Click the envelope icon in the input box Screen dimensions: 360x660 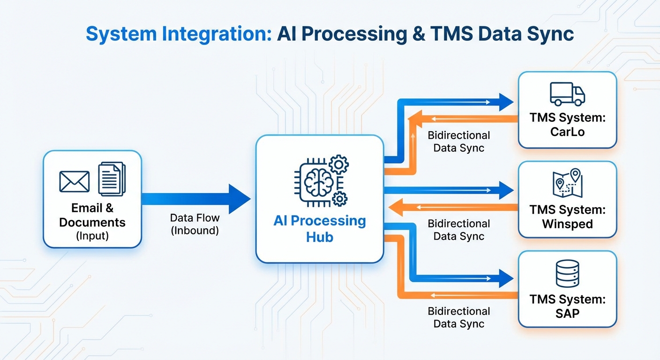pyautogui.click(x=75, y=181)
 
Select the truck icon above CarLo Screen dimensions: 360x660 pyautogui.click(x=567, y=94)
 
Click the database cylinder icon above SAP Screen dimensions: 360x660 pyautogui.click(x=567, y=273)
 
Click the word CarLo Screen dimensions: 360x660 pyautogui.click(x=567, y=132)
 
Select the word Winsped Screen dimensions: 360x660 pyautogui.click(x=567, y=224)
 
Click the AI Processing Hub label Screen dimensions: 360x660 pyautogui.click(x=320, y=228)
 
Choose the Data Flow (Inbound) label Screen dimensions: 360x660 pyautogui.click(x=195, y=224)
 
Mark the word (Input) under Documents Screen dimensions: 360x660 pyautogui.click(x=92, y=236)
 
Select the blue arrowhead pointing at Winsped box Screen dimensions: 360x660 pyautogui.click(x=506, y=190)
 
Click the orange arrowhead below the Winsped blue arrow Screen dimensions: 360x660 pyautogui.click(x=396, y=207)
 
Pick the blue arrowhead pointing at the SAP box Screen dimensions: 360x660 pyautogui.click(x=506, y=278)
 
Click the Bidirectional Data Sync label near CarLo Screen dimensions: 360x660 pyautogui.click(x=458, y=142)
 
